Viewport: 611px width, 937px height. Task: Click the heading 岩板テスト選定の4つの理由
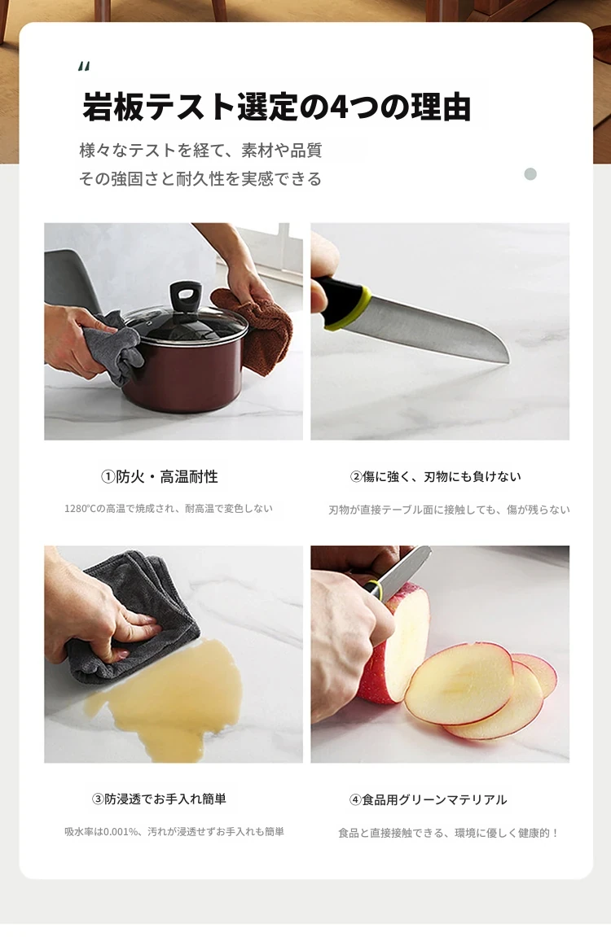click(277, 107)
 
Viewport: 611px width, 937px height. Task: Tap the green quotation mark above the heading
click(84, 66)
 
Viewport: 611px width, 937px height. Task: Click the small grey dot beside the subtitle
click(530, 174)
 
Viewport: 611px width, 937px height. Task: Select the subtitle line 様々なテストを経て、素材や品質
click(201, 150)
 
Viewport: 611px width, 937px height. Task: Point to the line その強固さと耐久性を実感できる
click(201, 178)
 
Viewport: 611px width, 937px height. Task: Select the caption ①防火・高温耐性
click(160, 476)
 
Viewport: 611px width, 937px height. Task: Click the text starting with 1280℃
click(169, 509)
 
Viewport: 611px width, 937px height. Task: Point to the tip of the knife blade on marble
click(508, 361)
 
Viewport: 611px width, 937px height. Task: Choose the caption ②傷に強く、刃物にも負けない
click(435, 476)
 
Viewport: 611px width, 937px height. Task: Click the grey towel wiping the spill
click(134, 621)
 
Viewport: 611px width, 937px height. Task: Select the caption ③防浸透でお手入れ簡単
click(159, 799)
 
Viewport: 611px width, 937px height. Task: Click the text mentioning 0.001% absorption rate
click(174, 832)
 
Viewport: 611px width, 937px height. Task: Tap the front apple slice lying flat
click(459, 684)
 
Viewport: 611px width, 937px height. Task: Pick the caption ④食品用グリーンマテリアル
click(428, 799)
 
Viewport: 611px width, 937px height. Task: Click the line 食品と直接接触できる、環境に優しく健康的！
click(448, 833)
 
